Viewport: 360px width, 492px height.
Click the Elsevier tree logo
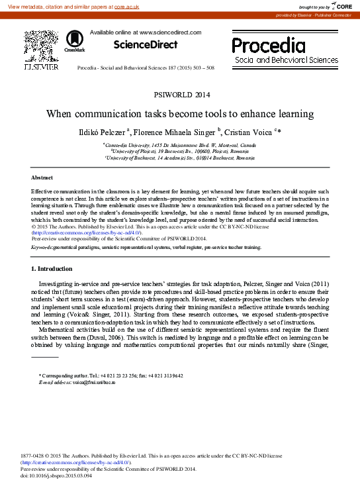[40, 48]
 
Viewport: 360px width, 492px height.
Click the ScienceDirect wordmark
[146, 45]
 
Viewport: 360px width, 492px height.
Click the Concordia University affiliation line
[180, 144]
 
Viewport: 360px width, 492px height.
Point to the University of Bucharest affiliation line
[180, 159]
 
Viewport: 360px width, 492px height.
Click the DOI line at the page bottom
[56, 476]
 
